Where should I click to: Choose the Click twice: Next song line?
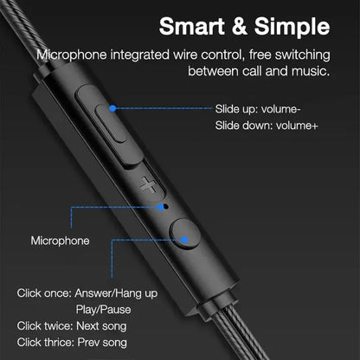point(72,325)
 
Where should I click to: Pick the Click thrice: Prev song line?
point(72,343)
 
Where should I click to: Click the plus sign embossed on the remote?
point(148,183)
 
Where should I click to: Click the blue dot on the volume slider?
point(114,109)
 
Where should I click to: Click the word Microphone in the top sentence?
point(74,54)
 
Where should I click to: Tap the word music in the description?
point(308,70)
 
